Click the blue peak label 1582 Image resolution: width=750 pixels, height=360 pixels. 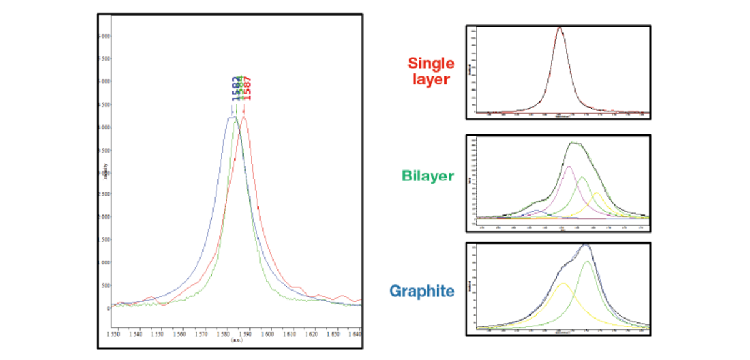[x=236, y=89]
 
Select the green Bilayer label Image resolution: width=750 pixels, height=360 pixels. [x=429, y=177]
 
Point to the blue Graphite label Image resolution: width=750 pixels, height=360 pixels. [x=422, y=291]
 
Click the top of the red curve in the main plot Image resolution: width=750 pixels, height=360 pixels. [x=244, y=117]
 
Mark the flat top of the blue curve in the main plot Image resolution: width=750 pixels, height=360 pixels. [x=231, y=117]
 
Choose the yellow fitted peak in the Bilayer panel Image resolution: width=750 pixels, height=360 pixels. [x=597, y=193]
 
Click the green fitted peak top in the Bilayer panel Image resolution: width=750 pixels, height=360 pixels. [x=582, y=177]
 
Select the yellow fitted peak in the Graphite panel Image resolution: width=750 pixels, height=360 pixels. [x=563, y=284]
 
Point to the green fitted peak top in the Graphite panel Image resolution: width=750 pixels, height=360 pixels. [x=587, y=262]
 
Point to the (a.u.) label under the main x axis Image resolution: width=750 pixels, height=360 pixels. [x=237, y=341]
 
